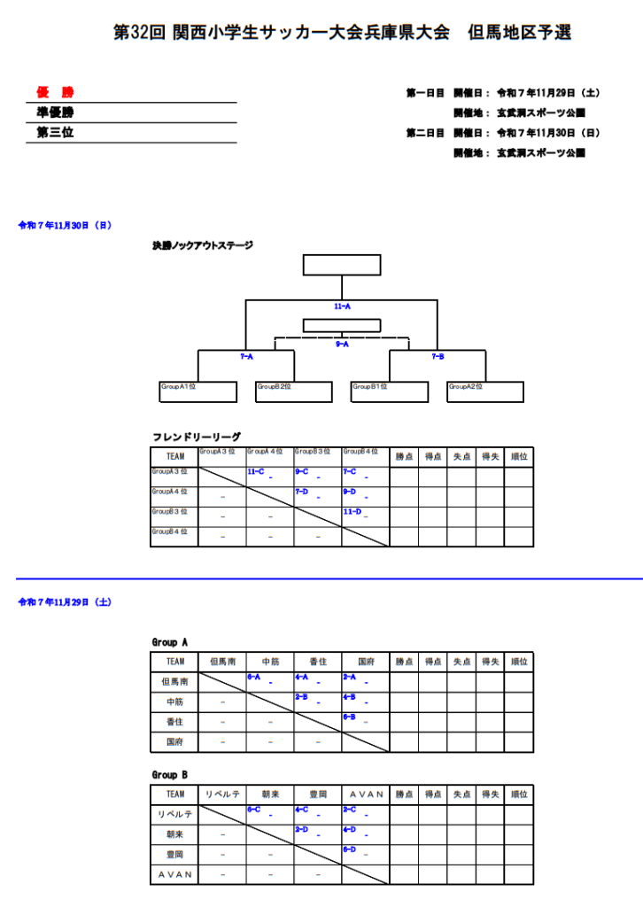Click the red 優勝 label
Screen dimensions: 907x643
coord(55,92)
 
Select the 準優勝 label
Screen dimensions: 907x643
coord(55,112)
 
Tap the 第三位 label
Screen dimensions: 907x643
coord(55,133)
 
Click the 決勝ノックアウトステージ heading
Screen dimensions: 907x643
coord(202,245)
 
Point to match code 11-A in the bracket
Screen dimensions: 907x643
coord(343,306)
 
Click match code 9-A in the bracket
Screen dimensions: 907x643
coord(342,344)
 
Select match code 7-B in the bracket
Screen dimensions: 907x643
coord(438,356)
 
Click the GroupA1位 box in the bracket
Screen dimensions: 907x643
coord(198,391)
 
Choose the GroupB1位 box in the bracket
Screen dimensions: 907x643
coord(390,391)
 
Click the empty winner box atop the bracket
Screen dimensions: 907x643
coord(342,266)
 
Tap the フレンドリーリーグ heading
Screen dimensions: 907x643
coord(196,437)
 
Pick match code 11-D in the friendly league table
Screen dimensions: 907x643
coord(352,512)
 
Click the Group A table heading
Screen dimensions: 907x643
coord(170,642)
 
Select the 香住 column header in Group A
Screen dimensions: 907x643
coord(318,661)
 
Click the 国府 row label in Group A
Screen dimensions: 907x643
coord(174,741)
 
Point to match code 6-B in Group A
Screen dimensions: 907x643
coord(351,717)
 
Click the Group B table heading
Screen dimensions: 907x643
coord(170,774)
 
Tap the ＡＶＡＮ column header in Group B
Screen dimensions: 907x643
coord(366,794)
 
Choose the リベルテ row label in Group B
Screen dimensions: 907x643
coord(174,814)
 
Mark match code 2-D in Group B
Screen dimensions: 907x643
coord(303,829)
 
